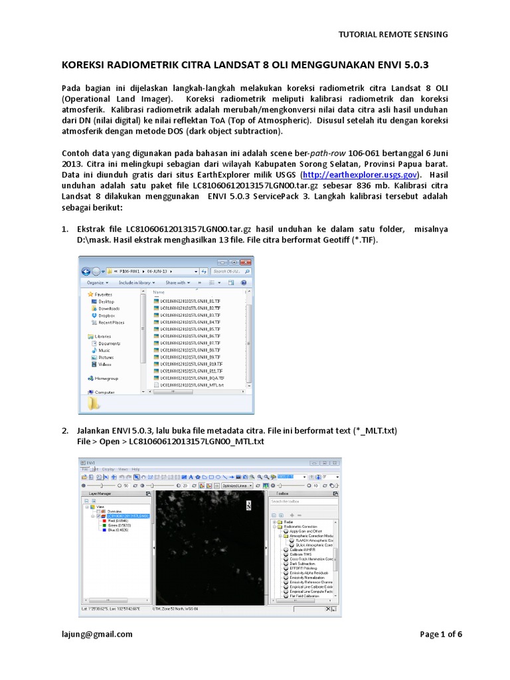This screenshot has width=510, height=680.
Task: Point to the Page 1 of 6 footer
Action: coord(441,634)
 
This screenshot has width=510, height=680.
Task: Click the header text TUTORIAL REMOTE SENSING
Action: coord(393,34)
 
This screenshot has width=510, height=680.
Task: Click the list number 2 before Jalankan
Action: coord(65,430)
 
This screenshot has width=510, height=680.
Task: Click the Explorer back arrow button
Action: coord(87,271)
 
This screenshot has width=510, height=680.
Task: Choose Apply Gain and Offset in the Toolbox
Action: coord(307,531)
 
